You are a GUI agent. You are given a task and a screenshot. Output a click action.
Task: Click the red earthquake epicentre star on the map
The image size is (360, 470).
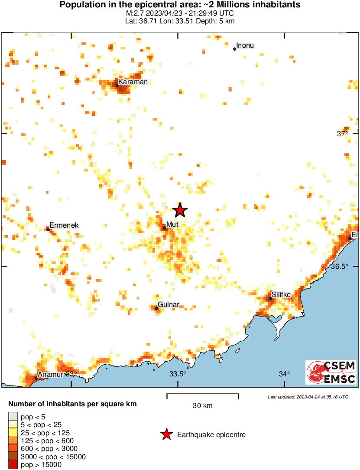click(x=180, y=210)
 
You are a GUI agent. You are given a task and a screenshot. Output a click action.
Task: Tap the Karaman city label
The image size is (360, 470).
click(x=133, y=82)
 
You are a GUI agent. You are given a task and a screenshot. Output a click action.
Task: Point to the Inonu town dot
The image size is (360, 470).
click(x=235, y=49)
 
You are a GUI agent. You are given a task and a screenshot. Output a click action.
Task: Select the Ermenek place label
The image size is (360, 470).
click(x=64, y=225)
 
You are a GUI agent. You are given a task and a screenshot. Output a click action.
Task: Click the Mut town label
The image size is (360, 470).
click(x=172, y=224)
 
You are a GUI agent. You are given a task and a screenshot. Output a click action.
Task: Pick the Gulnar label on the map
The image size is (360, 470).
click(x=169, y=304)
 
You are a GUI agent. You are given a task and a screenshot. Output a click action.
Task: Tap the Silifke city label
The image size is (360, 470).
click(x=281, y=294)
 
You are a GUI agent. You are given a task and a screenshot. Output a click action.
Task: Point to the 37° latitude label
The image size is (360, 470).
click(x=343, y=134)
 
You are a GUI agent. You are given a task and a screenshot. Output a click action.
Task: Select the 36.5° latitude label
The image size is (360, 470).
click(x=340, y=266)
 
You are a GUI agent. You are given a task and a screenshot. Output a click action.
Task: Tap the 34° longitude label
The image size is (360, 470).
click(x=284, y=374)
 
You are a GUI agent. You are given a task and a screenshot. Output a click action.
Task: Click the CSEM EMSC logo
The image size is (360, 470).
click(x=331, y=372)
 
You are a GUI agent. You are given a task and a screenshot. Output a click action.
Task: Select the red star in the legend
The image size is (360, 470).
click(x=166, y=434)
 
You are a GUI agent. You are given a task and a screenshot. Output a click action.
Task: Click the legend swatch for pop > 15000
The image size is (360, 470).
click(x=13, y=464)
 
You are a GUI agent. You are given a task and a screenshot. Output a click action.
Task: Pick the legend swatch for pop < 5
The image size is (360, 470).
click(x=13, y=417)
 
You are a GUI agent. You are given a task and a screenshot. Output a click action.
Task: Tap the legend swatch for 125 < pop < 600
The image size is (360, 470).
click(x=13, y=441)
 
